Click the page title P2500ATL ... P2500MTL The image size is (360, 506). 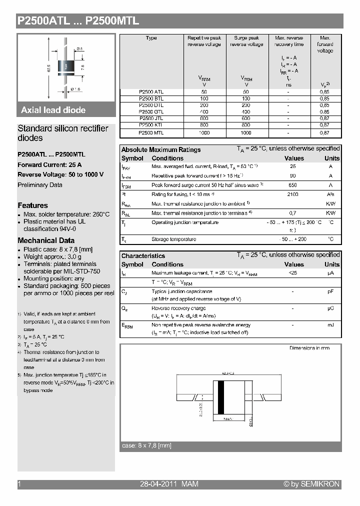point(78,21)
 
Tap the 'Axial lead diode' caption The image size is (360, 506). point(53,110)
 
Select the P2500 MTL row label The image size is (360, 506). point(151,133)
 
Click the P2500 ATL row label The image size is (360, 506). point(151,91)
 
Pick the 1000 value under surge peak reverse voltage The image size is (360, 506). point(246,133)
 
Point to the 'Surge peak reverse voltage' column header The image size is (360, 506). point(246,41)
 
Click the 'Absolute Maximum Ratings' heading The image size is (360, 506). point(161,149)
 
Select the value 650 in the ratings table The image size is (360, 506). point(293,185)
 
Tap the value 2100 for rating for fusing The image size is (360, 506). point(293,194)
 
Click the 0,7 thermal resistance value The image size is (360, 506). point(293,213)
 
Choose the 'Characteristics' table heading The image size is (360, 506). point(143,256)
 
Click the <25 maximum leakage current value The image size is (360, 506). point(293,273)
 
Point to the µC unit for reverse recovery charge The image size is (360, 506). point(330,308)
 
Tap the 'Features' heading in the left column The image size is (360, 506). point(33,205)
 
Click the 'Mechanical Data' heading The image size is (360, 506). point(46,240)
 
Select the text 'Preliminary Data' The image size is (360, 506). point(40,185)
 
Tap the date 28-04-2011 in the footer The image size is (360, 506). point(153,484)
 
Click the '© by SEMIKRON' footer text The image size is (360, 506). point(311,484)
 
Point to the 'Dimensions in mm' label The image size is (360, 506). point(309,348)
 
